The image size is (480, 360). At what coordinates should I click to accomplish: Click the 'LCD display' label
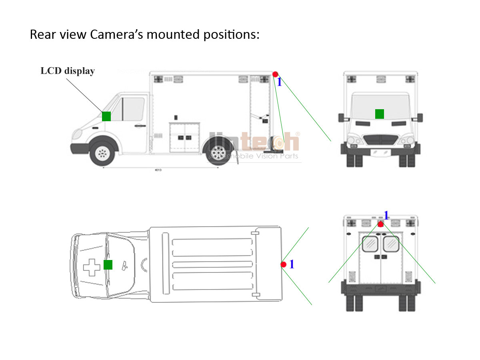(x=68, y=71)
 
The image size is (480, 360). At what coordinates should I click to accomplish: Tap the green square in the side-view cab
(x=106, y=116)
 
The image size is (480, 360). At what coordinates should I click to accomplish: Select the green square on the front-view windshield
(x=380, y=114)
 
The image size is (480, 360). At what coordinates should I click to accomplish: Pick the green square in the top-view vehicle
(x=108, y=265)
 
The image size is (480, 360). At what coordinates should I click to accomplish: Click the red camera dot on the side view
(x=275, y=74)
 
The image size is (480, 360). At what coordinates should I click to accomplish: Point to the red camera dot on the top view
(x=283, y=265)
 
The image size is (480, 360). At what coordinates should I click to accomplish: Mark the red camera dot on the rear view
(x=380, y=224)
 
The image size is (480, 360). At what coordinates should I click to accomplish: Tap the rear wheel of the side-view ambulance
(x=218, y=152)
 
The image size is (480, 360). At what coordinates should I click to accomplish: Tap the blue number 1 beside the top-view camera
(x=292, y=264)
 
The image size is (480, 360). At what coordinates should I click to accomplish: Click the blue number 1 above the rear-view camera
(x=386, y=215)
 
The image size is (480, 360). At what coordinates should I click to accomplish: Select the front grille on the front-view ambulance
(x=380, y=140)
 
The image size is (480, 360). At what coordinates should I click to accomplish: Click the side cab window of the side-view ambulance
(x=133, y=108)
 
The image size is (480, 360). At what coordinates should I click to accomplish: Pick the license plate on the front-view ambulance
(x=380, y=152)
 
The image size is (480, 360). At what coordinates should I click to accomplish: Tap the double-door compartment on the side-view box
(x=185, y=137)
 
